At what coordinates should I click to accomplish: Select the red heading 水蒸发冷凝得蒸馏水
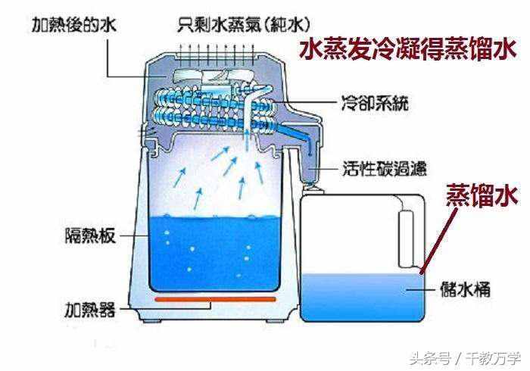410,50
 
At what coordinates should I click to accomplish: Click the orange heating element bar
215,300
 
